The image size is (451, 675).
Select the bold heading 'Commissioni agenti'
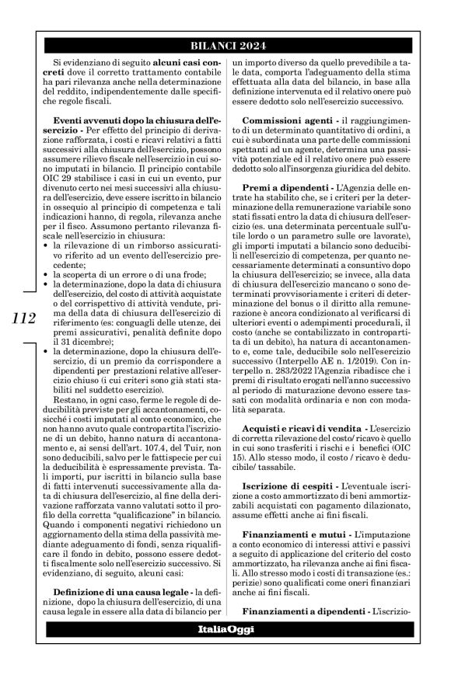click(288, 119)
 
